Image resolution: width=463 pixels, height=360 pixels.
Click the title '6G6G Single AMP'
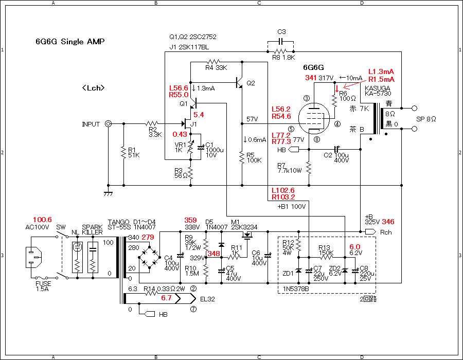(x=70, y=41)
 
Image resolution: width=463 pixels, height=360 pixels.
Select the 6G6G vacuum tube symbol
(x=314, y=119)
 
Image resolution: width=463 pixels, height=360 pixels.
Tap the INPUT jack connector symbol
(x=109, y=123)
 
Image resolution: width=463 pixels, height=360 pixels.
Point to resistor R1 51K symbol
(x=123, y=153)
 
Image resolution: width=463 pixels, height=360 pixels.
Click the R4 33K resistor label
(x=216, y=68)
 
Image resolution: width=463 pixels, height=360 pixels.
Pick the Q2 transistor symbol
(x=239, y=83)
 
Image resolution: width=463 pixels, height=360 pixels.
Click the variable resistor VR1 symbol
(x=190, y=147)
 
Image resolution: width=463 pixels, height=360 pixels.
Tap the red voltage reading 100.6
(x=42, y=220)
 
